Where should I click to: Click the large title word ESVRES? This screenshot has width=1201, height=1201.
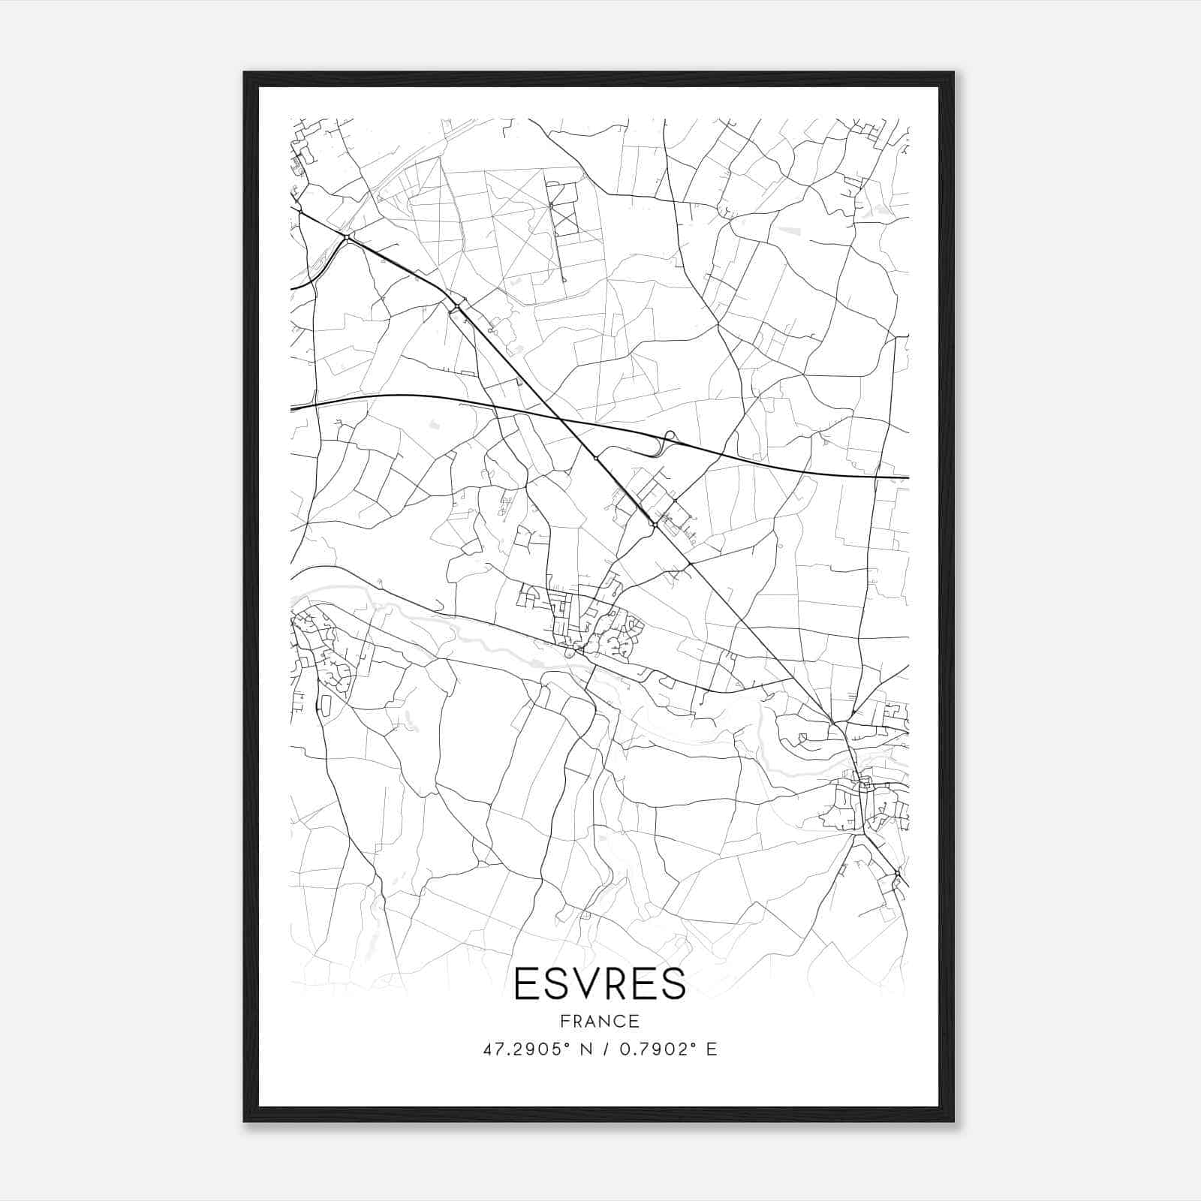[600, 983]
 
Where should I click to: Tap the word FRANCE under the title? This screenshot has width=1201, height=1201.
[600, 1022]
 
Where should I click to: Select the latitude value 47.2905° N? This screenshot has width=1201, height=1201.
[536, 1049]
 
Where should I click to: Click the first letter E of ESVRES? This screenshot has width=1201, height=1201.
[525, 983]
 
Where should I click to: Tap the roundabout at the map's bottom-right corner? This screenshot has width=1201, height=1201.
[897, 874]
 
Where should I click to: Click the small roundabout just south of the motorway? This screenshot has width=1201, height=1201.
[595, 457]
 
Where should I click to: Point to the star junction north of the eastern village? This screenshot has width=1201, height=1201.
[832, 722]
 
